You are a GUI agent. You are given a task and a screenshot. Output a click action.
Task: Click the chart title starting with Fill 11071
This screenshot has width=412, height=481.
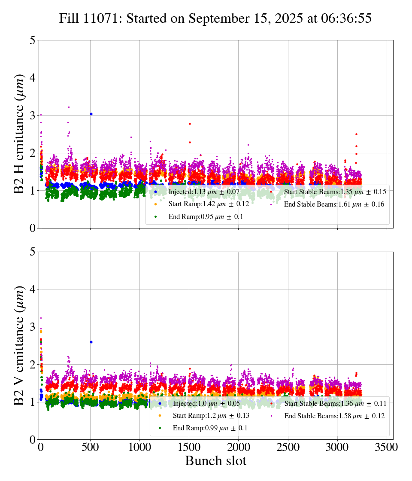pos(215,18)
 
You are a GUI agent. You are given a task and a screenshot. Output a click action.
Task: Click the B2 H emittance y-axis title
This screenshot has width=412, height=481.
pos(20,134)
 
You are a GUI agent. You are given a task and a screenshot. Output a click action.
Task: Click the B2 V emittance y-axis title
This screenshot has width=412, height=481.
pos(20,345)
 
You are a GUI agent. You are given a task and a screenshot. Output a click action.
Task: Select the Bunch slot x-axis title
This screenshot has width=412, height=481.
pos(215,461)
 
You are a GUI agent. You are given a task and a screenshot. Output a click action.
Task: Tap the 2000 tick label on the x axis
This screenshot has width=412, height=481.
pos(239,447)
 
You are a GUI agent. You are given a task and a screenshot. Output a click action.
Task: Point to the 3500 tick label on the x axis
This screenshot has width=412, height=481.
pos(387,447)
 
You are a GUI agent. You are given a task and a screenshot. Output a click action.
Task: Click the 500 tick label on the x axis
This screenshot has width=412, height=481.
pos(90,447)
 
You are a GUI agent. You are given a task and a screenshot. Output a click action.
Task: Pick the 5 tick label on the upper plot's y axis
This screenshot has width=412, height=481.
pos(33,40)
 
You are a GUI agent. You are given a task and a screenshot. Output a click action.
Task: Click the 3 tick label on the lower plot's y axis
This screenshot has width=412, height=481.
pos(33,327)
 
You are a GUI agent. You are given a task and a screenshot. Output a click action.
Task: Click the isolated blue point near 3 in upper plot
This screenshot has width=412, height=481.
pos(91,114)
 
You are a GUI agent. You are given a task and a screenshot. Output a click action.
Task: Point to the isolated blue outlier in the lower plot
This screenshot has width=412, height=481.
pos(91,342)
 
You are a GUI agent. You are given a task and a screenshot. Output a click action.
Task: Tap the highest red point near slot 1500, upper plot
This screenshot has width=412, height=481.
pos(190,124)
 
